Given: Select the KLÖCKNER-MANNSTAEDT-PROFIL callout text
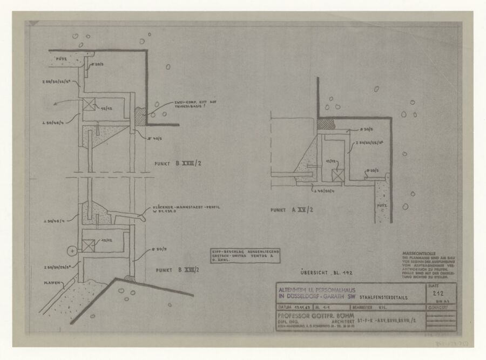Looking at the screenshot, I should pyautogui.click(x=175, y=212).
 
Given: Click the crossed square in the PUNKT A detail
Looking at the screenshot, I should pyautogui.click(x=339, y=175).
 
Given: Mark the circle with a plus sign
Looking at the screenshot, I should pyautogui.click(x=71, y=250).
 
